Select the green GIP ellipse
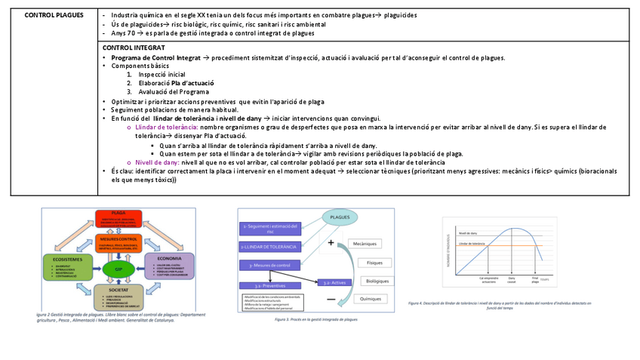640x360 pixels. pyautogui.click(x=118, y=269)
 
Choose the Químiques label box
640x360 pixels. pyautogui.click(x=371, y=299)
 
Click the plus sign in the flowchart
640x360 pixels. pyautogui.click(x=331, y=243)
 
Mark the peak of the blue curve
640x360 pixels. pyautogui.click(x=513, y=229)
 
